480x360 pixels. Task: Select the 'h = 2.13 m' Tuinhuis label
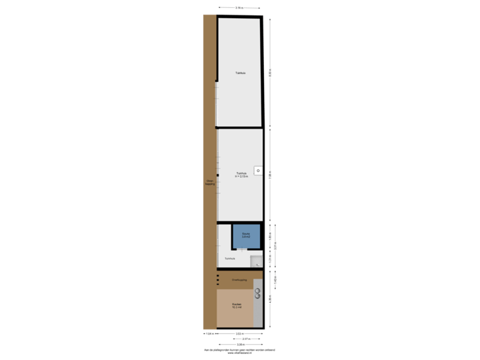(241, 176)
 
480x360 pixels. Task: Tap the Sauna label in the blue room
(246, 235)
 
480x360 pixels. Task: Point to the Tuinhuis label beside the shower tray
(229, 258)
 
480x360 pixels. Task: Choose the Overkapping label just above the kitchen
(239, 280)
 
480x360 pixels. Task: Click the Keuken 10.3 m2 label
(237, 306)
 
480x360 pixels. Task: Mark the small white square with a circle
(257, 170)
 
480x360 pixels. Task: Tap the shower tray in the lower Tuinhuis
(256, 261)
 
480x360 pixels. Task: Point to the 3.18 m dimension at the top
(239, 8)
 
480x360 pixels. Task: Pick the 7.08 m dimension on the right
(270, 175)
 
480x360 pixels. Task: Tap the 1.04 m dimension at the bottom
(209, 333)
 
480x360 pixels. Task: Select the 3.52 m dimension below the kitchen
(239, 333)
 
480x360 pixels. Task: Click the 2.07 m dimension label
(246, 339)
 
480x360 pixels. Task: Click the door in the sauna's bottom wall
(244, 247)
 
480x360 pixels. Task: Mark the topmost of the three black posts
(217, 275)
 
